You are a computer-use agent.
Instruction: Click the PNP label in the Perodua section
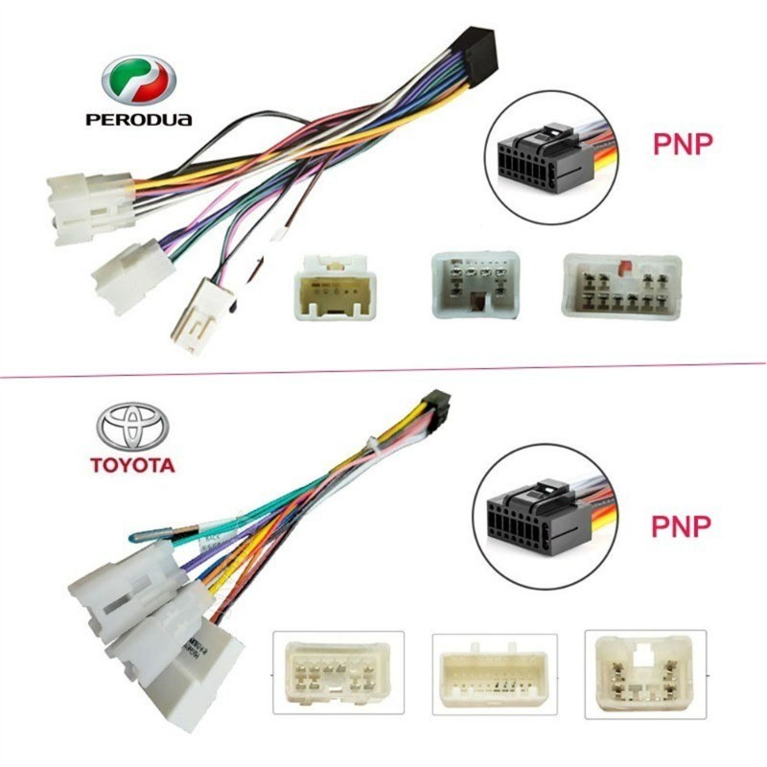(682, 144)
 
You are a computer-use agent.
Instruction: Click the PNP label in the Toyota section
(682, 525)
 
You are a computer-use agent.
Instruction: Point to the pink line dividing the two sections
(383, 370)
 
